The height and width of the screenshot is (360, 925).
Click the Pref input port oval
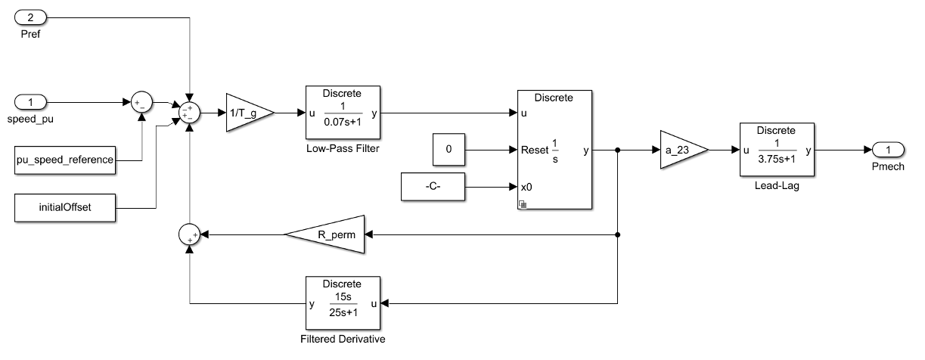pyautogui.click(x=32, y=16)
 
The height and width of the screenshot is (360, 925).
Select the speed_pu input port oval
pyautogui.click(x=32, y=101)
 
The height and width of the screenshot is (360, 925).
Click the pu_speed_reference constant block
pyautogui.click(x=64, y=160)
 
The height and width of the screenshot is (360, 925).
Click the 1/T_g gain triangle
pyautogui.click(x=247, y=113)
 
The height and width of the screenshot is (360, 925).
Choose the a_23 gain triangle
pyautogui.click(x=681, y=151)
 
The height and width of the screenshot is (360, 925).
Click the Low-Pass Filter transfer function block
pyautogui.click(x=343, y=113)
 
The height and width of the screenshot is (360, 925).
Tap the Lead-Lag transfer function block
pyautogui.click(x=778, y=151)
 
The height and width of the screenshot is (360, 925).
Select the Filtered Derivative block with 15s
pyautogui.click(x=343, y=303)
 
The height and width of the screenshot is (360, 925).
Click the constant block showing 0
pyautogui.click(x=449, y=151)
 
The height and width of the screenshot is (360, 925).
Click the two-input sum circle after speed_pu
pyautogui.click(x=142, y=101)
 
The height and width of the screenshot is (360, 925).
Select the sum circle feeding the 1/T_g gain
pyautogui.click(x=189, y=113)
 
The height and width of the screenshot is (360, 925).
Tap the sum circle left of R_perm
pyautogui.click(x=189, y=235)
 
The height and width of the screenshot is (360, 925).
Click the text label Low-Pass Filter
pyautogui.click(x=343, y=149)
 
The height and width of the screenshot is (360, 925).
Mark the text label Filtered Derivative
pyautogui.click(x=343, y=339)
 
